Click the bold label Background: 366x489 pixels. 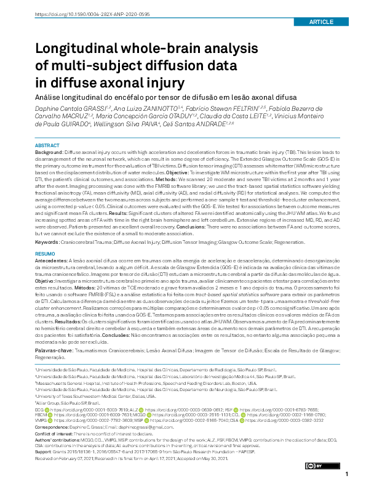click(49, 152)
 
